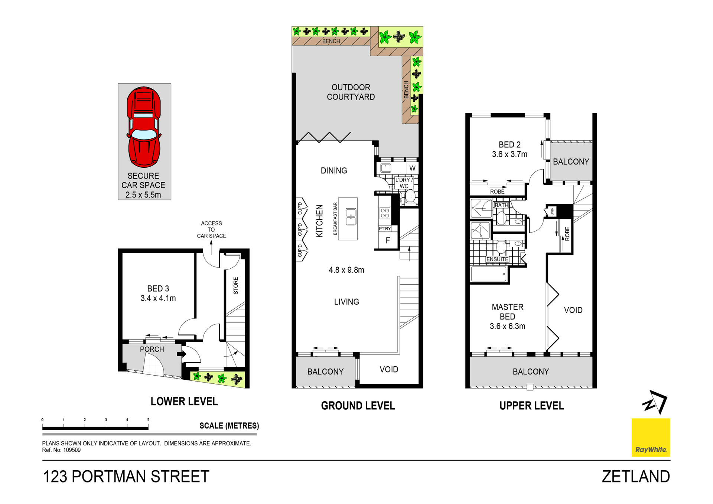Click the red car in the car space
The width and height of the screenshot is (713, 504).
click(x=144, y=127)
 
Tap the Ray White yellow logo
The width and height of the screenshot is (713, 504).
click(x=651, y=437)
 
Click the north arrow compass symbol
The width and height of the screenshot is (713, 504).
click(x=655, y=402)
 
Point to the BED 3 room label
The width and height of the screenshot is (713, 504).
click(x=158, y=289)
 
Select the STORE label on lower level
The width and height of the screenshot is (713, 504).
click(x=235, y=285)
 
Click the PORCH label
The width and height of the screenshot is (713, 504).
click(x=152, y=349)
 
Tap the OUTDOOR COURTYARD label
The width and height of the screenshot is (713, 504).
click(x=351, y=92)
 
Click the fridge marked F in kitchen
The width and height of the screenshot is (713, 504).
click(x=388, y=240)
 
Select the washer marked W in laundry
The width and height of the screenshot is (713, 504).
click(x=412, y=168)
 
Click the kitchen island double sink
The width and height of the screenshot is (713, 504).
click(x=351, y=217)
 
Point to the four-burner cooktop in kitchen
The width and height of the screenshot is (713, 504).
click(x=385, y=213)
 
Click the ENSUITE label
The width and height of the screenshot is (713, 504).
click(x=497, y=259)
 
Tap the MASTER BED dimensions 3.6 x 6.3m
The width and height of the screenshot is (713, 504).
click(x=507, y=327)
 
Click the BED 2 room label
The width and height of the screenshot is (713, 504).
click(x=509, y=145)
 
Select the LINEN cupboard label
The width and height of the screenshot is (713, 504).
click(x=552, y=212)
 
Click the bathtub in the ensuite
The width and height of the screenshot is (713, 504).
click(x=489, y=274)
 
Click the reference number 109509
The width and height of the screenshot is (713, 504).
click(x=72, y=450)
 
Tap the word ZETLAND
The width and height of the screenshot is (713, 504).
click(x=636, y=477)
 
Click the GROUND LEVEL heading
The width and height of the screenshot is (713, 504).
click(x=358, y=406)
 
